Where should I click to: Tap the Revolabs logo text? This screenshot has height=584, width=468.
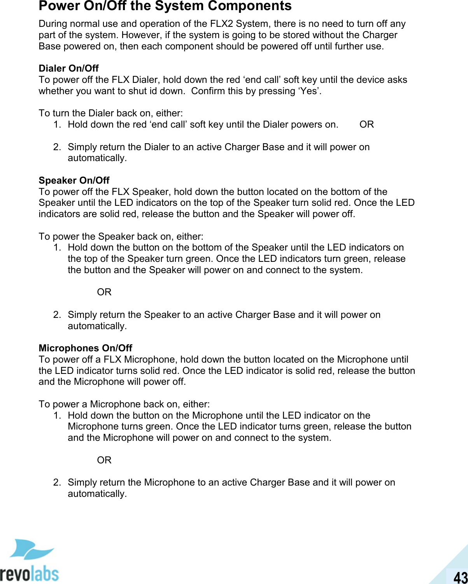tap(29, 573)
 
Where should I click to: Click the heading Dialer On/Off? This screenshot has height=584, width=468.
tap(68, 68)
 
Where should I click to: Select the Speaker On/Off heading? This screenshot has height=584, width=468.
tap(74, 181)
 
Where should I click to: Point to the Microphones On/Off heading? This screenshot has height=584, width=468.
tap(85, 348)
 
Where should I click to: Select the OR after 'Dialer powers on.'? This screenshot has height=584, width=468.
tap(366, 125)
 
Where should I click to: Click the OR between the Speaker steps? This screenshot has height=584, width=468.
tap(104, 292)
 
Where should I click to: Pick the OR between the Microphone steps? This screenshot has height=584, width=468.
tap(104, 460)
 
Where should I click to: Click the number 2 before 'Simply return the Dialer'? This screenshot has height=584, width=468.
tap(57, 147)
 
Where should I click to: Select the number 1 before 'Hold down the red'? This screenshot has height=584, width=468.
tap(57, 125)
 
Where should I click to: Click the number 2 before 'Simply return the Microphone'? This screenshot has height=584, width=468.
tap(57, 482)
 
